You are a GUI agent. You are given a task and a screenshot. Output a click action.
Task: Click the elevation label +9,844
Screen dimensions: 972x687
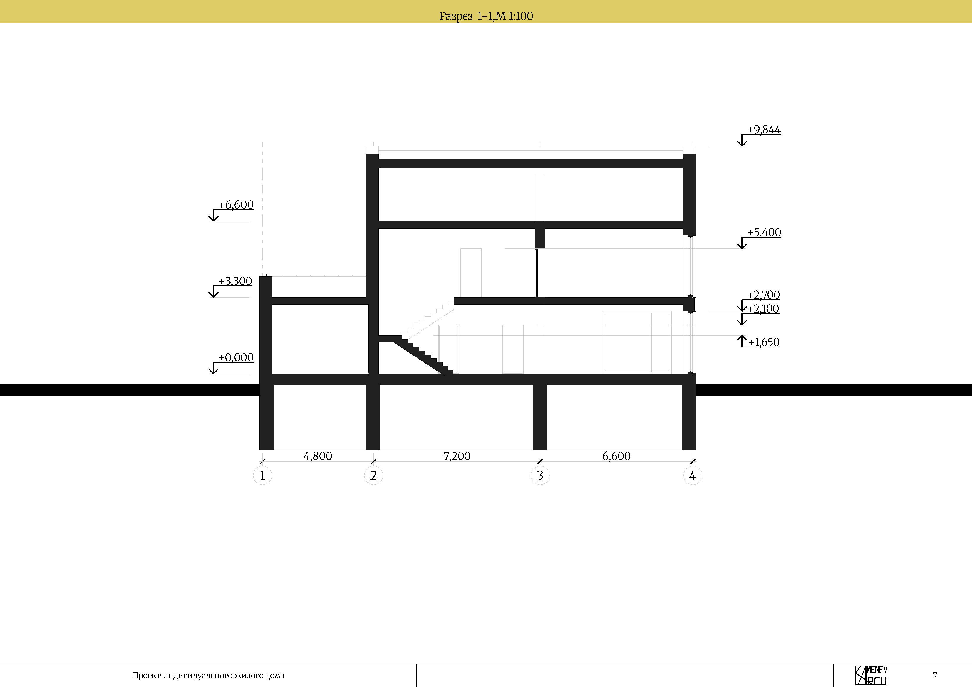[x=764, y=130]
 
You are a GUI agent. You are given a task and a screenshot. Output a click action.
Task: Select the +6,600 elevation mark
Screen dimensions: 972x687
[x=236, y=205]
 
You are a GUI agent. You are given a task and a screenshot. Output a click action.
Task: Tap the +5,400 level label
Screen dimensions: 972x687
[x=764, y=232]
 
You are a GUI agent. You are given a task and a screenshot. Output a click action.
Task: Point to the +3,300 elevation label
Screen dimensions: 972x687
[x=235, y=281]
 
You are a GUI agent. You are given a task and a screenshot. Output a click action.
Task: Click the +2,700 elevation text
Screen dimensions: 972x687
[x=763, y=295]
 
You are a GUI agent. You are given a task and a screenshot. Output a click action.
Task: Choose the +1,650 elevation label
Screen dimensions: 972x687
[x=764, y=342]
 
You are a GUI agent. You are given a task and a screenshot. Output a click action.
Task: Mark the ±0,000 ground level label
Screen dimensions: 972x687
[x=236, y=357]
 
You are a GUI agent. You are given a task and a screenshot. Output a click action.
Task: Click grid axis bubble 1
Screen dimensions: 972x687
[x=262, y=475]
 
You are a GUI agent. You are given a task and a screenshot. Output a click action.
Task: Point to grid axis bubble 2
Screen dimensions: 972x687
[x=373, y=475]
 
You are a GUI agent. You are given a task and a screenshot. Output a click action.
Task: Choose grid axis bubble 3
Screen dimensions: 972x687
[x=540, y=475]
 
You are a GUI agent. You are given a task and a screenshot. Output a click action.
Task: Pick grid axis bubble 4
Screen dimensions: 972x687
[x=693, y=475]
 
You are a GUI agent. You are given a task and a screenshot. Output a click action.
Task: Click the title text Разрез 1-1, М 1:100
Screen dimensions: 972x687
[x=486, y=16]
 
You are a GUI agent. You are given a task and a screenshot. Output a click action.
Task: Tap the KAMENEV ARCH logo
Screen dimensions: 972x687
[x=871, y=676]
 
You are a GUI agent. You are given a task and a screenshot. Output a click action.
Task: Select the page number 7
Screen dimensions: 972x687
[x=935, y=676]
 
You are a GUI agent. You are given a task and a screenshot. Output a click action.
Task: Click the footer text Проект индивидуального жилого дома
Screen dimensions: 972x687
[x=208, y=676]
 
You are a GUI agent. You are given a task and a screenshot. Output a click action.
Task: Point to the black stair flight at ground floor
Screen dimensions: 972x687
[x=423, y=356]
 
